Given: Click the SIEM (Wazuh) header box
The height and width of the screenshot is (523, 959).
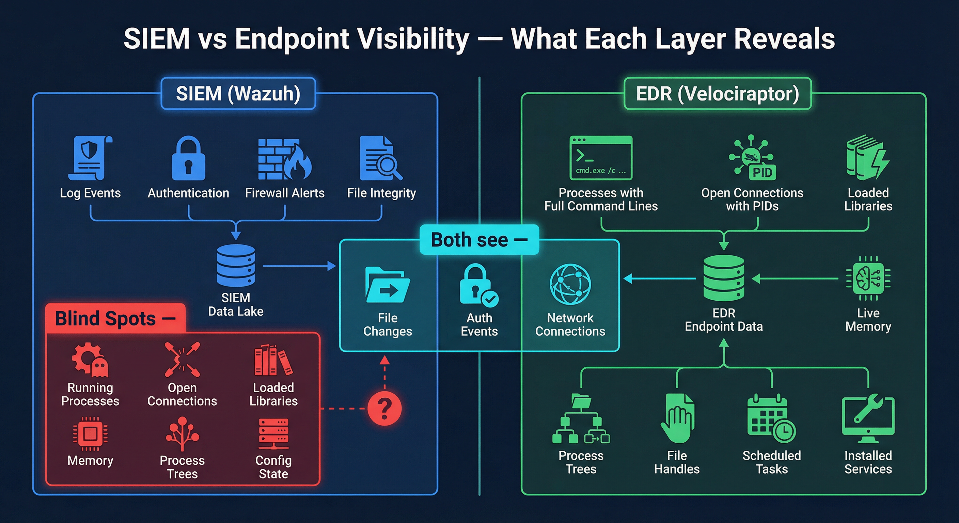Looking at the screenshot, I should [x=238, y=93].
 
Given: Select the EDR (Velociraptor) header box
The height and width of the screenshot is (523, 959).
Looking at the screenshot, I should [x=718, y=93].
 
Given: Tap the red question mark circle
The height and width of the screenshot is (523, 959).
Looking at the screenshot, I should [x=384, y=408].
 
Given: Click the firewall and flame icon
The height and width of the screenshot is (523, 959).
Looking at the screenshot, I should [x=284, y=159].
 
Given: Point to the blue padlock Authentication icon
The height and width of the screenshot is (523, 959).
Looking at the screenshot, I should [x=188, y=159].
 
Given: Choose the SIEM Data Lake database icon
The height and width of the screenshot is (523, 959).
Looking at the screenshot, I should [x=236, y=265].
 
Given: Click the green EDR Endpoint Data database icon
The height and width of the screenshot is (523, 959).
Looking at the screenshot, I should [x=724, y=278].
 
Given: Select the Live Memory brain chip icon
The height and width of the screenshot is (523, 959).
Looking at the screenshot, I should [x=868, y=278].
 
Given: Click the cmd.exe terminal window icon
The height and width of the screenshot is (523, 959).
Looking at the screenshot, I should [x=601, y=158].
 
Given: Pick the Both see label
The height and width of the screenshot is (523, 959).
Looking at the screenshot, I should [x=479, y=240].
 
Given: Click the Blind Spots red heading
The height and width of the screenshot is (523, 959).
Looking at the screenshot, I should [x=115, y=319].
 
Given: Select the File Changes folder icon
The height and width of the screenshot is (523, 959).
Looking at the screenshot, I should [x=387, y=285].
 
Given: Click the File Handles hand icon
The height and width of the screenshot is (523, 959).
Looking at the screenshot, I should [x=677, y=418].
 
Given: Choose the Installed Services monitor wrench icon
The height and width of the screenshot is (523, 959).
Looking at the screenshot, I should [x=868, y=418].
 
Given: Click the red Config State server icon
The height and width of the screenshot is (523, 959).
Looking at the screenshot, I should [x=273, y=433].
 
